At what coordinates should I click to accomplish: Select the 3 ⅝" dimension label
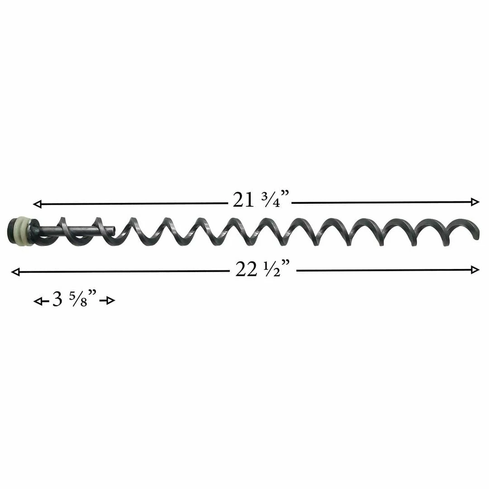[x=75, y=300]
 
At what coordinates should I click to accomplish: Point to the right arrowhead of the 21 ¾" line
[x=475, y=202]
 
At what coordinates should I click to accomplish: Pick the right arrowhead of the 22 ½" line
[x=475, y=270]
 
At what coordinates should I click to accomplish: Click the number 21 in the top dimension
[x=243, y=200]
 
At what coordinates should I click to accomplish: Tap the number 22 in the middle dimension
[x=245, y=270]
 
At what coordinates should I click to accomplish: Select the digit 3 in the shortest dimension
[x=58, y=300]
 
